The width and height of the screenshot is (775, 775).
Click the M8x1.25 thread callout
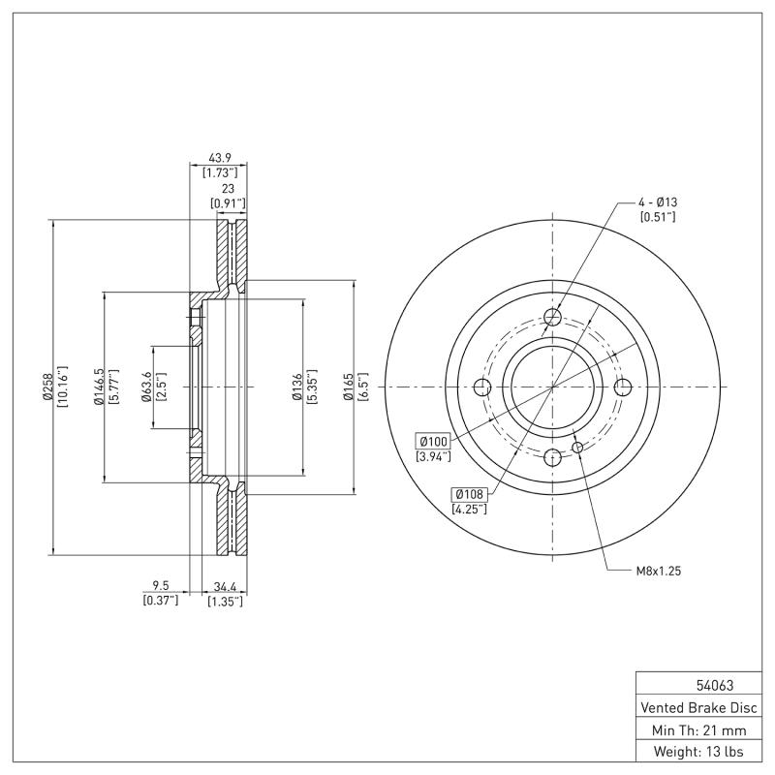click(x=659, y=572)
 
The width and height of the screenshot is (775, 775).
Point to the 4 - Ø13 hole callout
click(x=657, y=201)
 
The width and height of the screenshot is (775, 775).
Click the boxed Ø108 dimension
click(x=469, y=494)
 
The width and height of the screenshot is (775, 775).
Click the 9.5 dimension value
click(x=162, y=586)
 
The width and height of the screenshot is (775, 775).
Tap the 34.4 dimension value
click(x=224, y=586)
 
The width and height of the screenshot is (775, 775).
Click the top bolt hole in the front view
click(x=552, y=318)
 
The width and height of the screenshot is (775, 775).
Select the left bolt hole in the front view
click(x=483, y=387)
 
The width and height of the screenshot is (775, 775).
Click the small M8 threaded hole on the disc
click(x=578, y=447)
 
